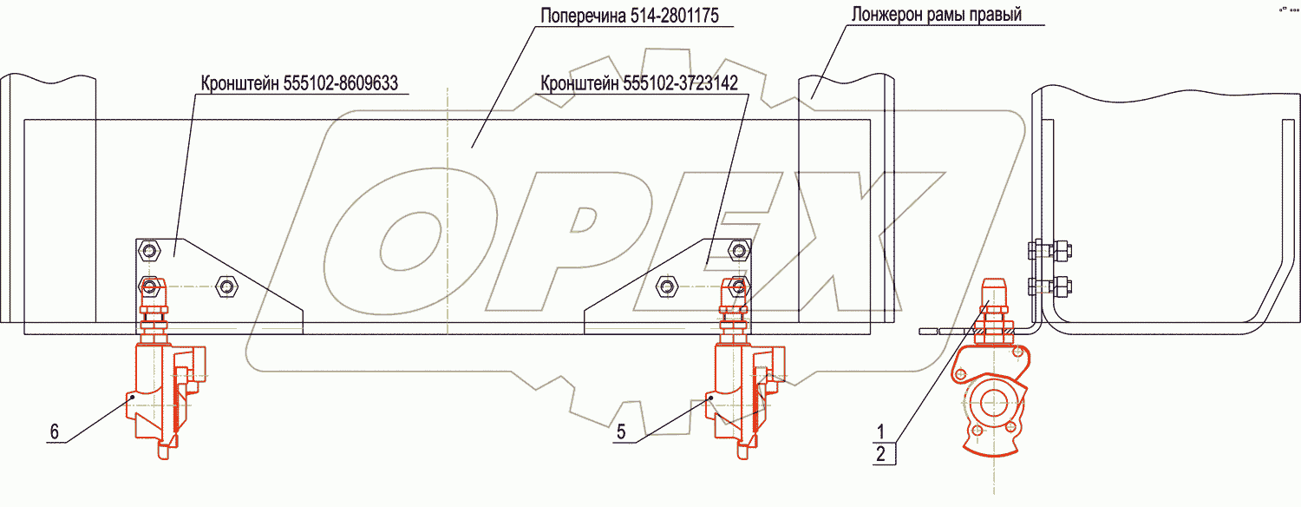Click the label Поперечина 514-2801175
(629, 16)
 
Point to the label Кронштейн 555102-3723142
(638, 83)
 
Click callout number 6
(55, 431)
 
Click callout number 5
(621, 431)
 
